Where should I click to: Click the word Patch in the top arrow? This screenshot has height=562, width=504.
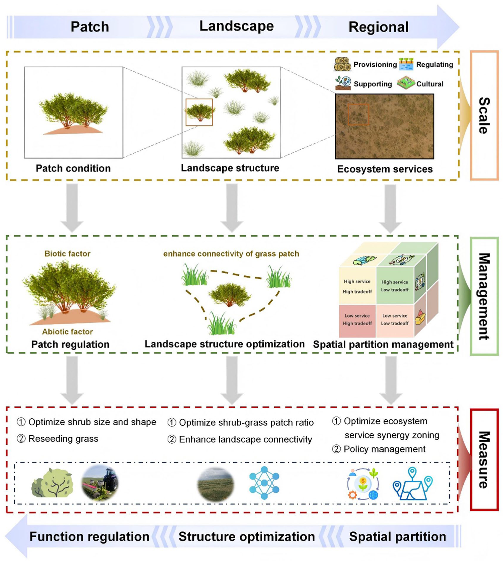tap(90, 27)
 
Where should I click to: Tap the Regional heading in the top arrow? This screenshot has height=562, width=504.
tap(379, 27)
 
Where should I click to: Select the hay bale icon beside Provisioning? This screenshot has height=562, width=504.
tap(342, 64)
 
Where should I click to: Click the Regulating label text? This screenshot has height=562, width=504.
tap(435, 65)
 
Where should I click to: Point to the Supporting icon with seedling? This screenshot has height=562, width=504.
tap(343, 83)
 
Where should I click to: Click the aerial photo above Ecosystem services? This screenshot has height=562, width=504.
tap(385, 126)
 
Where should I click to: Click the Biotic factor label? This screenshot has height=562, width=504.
tap(67, 253)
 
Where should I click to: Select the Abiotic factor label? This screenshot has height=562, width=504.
tap(67, 332)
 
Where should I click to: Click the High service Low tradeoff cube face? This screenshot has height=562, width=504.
tap(395, 286)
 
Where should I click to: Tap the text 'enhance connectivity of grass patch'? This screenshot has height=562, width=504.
tap(231, 254)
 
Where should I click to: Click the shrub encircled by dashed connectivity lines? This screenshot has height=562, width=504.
tap(229, 294)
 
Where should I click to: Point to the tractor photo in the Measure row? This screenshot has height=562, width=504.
tap(100, 483)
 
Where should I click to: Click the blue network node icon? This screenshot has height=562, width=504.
tap(264, 483)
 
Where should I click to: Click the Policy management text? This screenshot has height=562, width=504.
tap(385, 449)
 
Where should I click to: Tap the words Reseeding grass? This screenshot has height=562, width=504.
tap(63, 439)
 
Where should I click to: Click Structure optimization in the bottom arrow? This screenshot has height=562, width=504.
tap(247, 537)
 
